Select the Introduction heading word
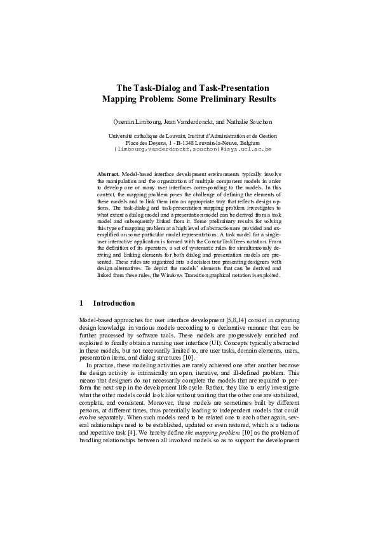tap(114, 303)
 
